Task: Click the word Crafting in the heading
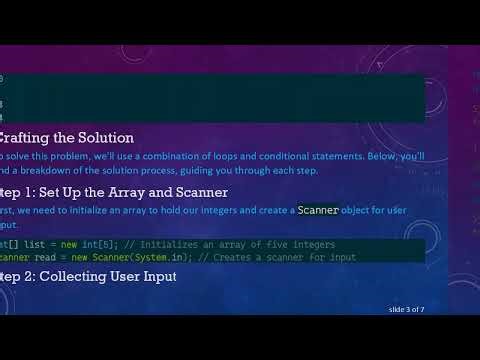(29, 138)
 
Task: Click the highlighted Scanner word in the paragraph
(318, 210)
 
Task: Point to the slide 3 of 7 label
(413, 310)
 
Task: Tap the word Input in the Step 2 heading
(154, 276)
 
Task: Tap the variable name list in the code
(34, 245)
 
